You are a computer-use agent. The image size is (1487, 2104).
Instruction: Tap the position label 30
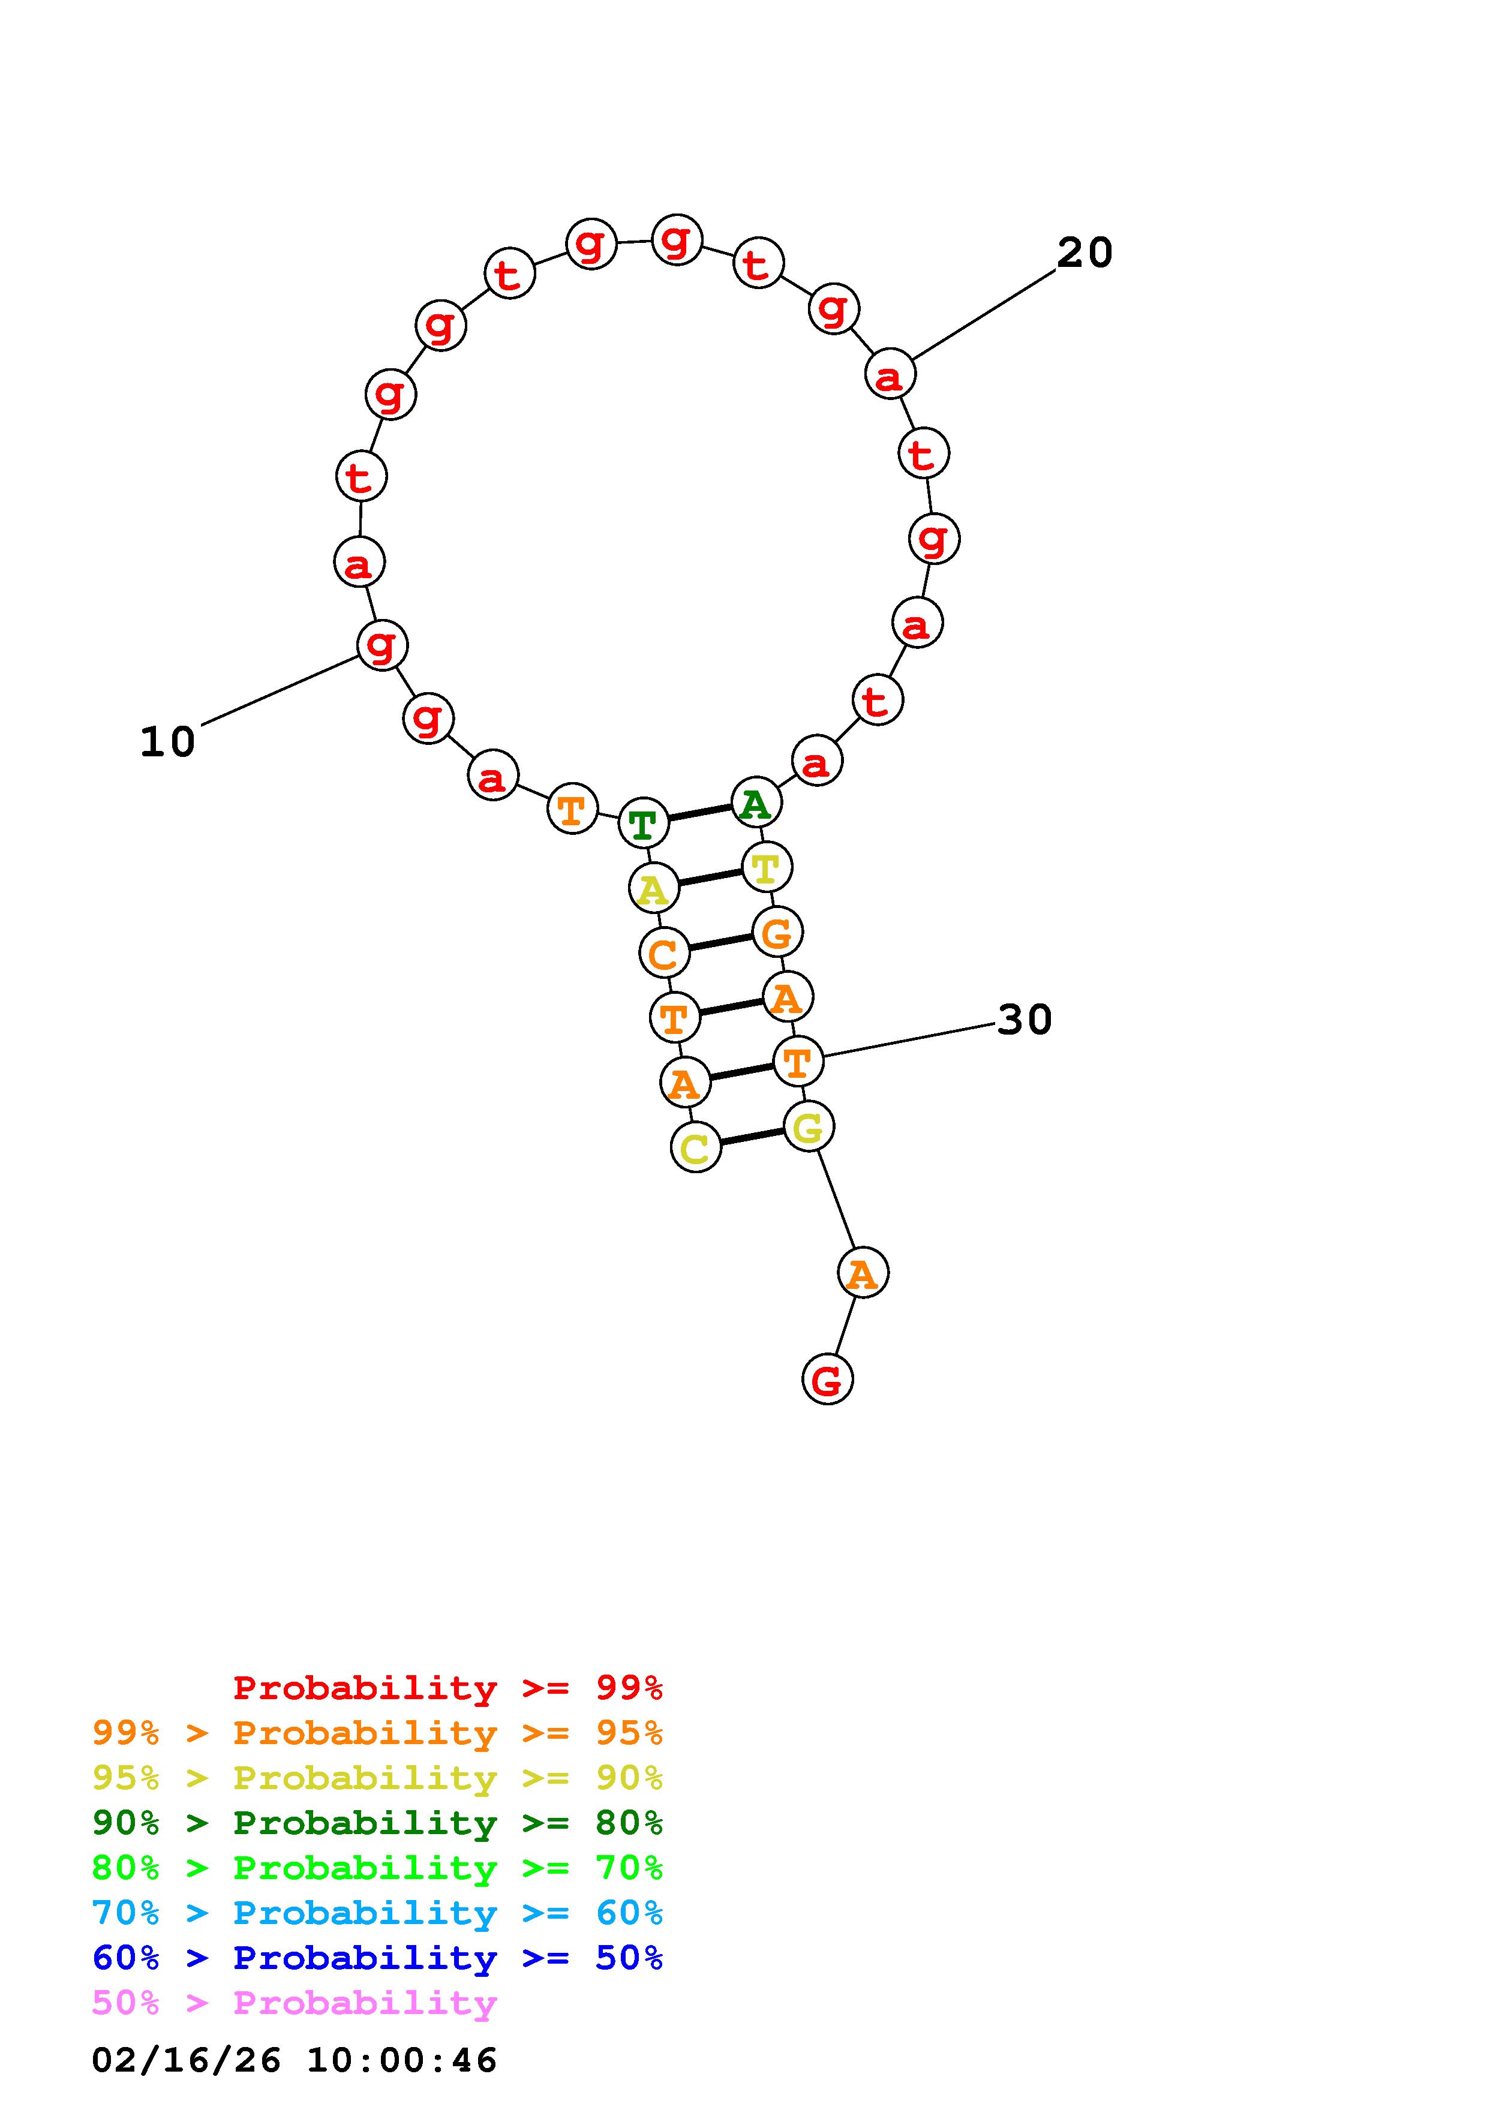(x=1025, y=1019)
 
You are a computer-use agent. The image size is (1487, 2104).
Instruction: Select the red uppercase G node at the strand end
(x=827, y=1379)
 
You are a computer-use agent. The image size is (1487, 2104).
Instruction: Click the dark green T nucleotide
(x=644, y=823)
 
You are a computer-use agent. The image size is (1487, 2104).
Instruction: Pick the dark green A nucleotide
(x=757, y=802)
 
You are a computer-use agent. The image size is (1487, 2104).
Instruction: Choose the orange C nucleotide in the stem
(x=664, y=953)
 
